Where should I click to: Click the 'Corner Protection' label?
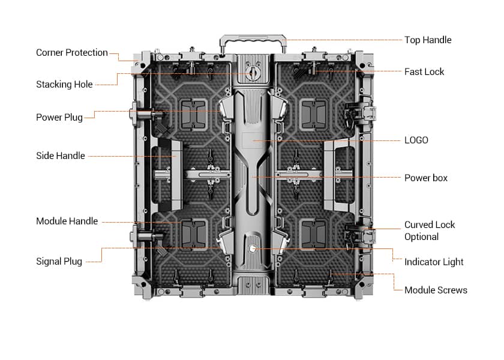click(x=71, y=53)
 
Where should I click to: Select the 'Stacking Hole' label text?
click(x=64, y=85)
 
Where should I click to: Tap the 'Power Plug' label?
click(x=59, y=118)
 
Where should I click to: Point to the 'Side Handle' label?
click(x=60, y=156)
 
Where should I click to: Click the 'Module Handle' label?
click(x=67, y=221)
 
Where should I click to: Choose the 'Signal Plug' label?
click(x=59, y=262)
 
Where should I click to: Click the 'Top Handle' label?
click(x=427, y=40)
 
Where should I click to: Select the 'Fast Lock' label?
click(x=424, y=72)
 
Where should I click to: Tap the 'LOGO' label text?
click(x=416, y=140)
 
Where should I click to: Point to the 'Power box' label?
click(x=425, y=178)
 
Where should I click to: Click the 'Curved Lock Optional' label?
click(x=429, y=230)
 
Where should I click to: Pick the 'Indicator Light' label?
click(x=433, y=262)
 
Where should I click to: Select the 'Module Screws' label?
click(x=435, y=290)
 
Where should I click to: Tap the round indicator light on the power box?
click(x=253, y=248)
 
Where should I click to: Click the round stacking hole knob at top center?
click(x=253, y=74)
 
